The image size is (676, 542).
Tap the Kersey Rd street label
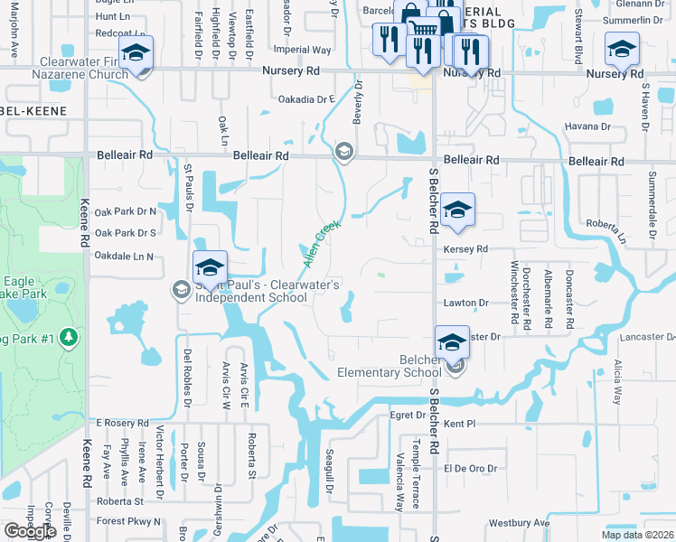[465, 248]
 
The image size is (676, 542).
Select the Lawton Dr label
[465, 304]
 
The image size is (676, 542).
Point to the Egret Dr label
[407, 416]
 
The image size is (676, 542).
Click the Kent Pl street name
[460, 423]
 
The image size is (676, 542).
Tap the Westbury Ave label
[519, 523]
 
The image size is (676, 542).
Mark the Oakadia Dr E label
[306, 98]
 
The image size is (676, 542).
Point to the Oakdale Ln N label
[125, 257]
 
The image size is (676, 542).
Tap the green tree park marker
[69, 337]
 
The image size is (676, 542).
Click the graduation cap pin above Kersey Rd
[458, 210]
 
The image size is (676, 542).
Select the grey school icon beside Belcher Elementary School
[456, 365]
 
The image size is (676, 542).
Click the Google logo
[30, 531]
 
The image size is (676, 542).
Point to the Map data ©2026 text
[637, 535]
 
